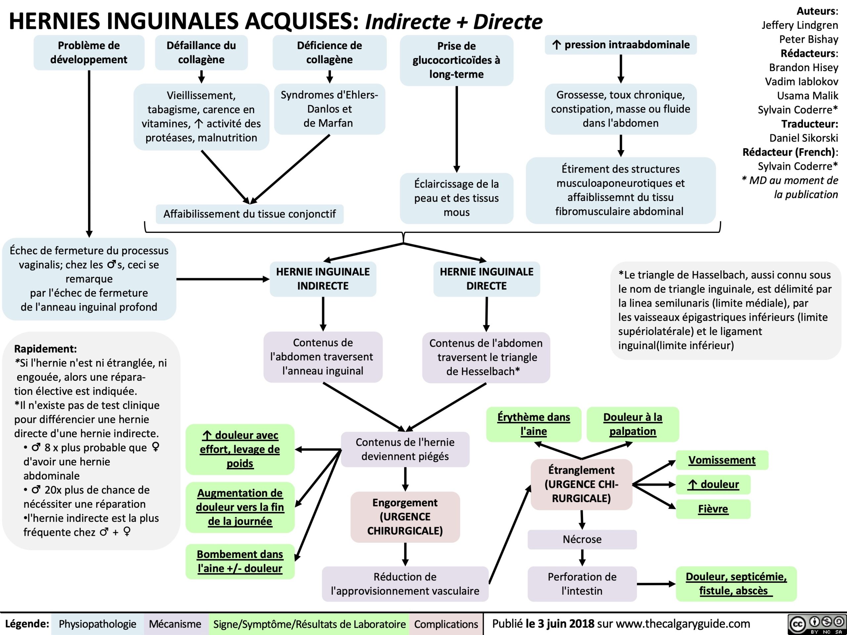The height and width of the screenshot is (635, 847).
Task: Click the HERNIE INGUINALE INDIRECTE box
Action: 323,279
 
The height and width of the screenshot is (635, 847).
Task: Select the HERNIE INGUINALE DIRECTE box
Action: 486,279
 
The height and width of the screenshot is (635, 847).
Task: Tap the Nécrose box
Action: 582,539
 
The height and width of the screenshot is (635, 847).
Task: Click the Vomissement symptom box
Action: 722,460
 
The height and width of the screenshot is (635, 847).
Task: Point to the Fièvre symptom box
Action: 713,509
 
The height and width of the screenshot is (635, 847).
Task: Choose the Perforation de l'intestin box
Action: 582,584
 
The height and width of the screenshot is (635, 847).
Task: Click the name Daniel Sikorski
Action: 803,138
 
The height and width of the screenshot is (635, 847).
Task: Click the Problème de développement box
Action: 89,53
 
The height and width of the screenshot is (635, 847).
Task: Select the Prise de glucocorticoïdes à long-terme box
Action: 457,60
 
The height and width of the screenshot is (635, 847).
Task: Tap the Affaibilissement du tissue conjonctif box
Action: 249,214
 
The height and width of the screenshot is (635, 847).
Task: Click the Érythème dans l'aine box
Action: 533,424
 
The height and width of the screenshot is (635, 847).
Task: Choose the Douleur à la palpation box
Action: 633,424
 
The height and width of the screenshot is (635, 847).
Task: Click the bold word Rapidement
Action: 46,349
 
